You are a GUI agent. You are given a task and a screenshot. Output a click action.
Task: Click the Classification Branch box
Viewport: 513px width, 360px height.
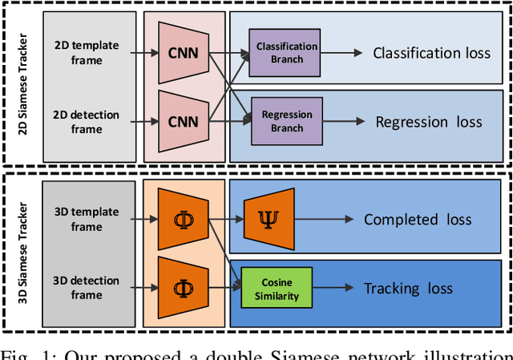click(287, 53)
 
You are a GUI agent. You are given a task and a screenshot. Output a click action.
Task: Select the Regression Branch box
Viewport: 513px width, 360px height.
click(287, 121)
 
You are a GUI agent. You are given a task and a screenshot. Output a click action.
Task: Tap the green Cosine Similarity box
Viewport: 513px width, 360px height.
click(277, 289)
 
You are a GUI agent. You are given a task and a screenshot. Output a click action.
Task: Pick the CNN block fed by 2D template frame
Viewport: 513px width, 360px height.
click(184, 53)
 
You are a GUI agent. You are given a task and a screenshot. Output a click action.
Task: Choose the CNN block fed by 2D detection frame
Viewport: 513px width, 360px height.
click(184, 121)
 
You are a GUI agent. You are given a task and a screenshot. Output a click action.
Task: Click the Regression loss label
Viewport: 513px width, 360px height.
click(429, 122)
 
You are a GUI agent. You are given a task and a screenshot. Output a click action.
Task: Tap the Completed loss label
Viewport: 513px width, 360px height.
click(418, 220)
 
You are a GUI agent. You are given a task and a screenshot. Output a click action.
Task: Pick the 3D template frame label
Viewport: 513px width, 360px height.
click(86, 219)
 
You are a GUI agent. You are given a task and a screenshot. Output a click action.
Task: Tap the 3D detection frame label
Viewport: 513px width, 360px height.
click(86, 288)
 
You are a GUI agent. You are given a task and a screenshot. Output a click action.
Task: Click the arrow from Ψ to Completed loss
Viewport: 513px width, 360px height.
click(324, 220)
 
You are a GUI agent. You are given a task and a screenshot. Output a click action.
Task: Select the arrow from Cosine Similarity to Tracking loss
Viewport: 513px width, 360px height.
click(332, 289)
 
